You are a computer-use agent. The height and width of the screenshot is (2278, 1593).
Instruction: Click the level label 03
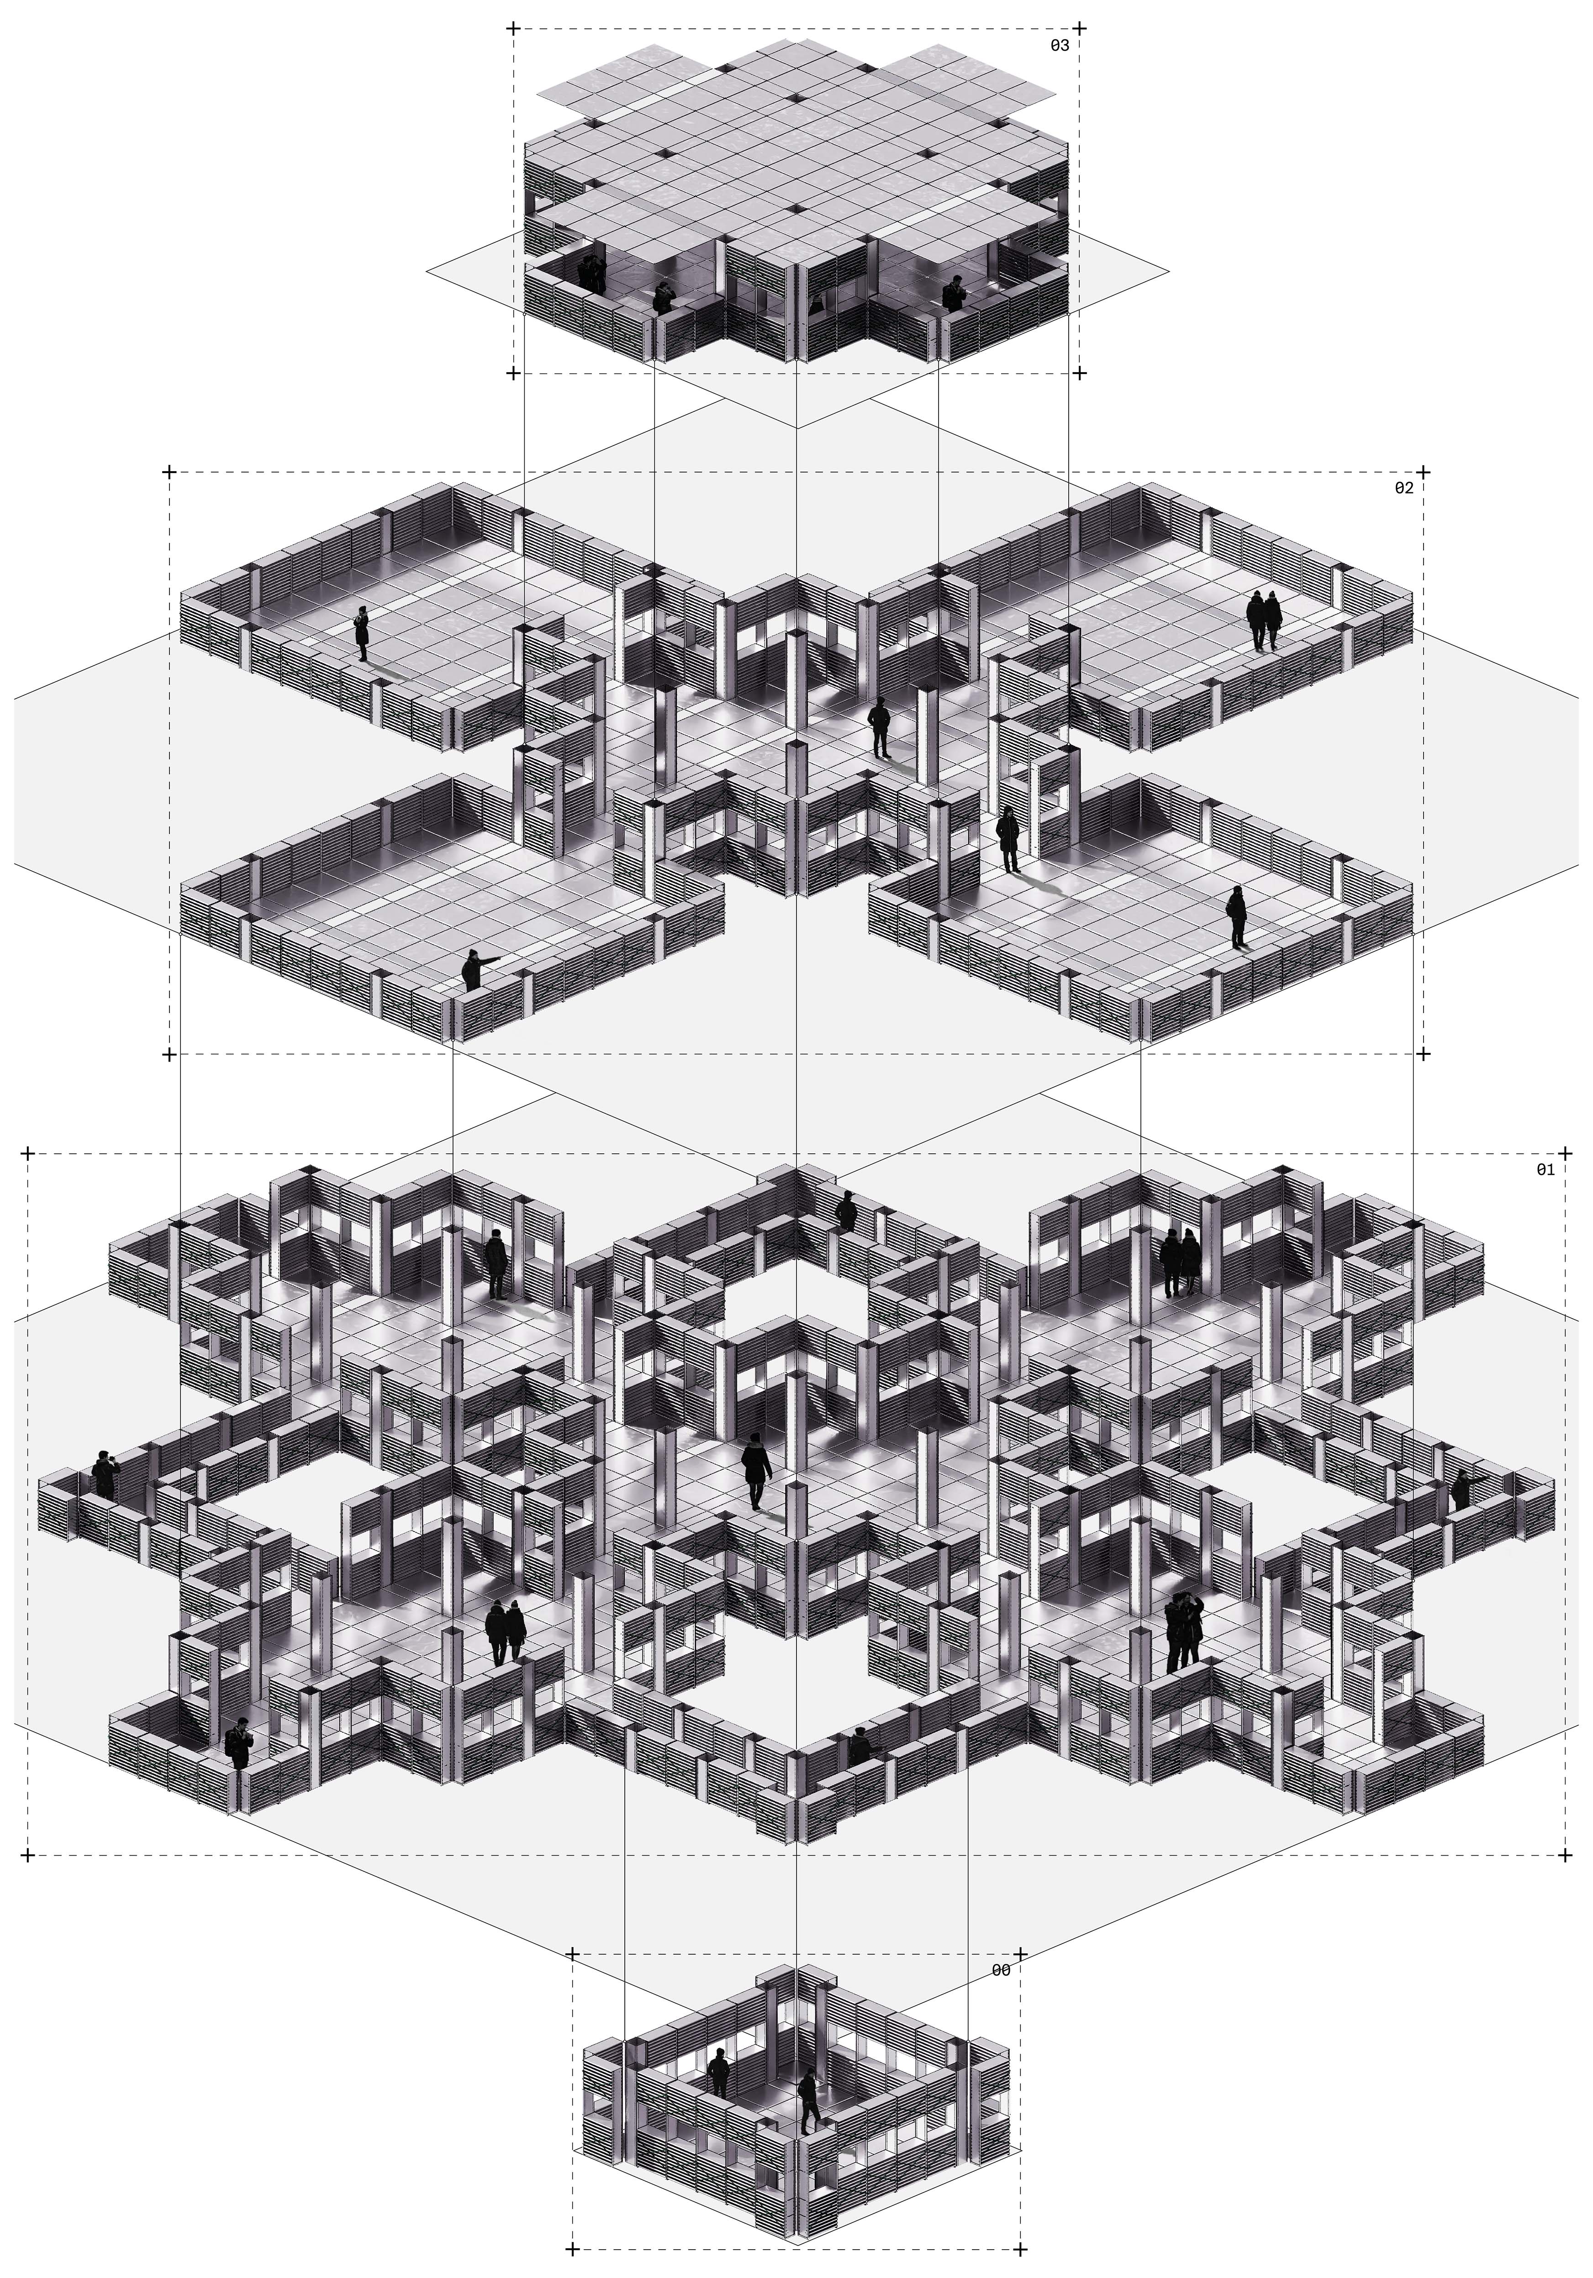click(1059, 46)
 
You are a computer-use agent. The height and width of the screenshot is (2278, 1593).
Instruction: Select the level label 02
click(1403, 488)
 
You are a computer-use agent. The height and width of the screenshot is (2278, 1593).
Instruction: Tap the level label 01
click(1546, 1170)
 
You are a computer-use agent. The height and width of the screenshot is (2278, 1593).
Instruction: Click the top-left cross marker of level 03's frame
click(513, 29)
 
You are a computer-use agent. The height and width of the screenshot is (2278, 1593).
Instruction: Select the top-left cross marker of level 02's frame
click(169, 471)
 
